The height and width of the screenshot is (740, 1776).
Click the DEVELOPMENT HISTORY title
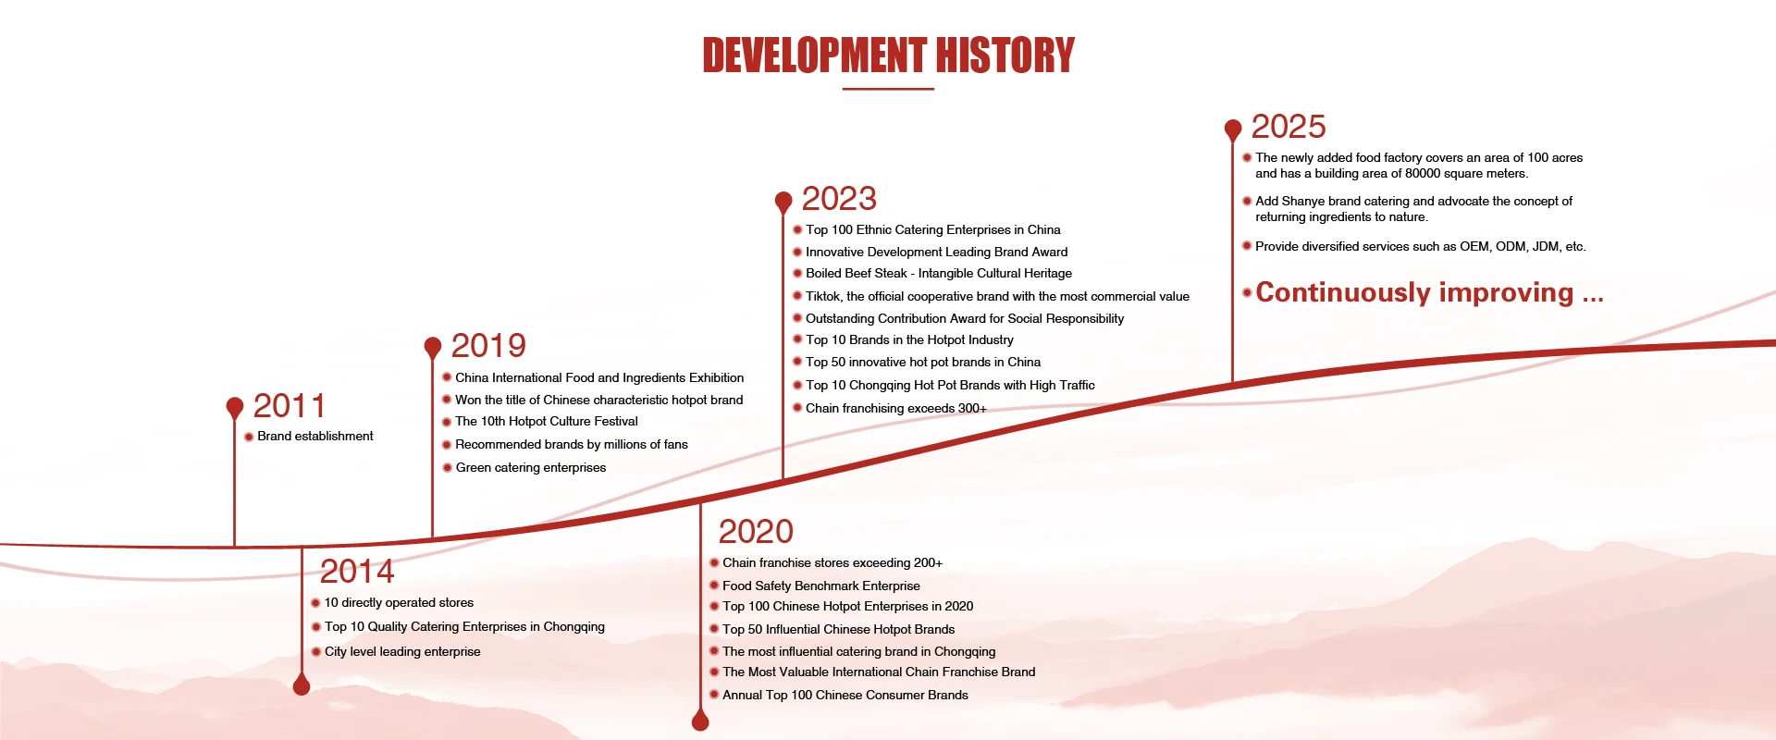click(888, 55)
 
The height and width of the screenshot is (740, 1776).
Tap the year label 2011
click(290, 406)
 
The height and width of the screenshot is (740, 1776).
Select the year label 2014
click(357, 572)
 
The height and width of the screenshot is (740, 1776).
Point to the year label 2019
click(488, 346)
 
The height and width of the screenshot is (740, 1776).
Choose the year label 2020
click(756, 532)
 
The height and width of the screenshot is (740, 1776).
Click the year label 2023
click(839, 199)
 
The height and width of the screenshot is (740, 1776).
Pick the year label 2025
click(1289, 127)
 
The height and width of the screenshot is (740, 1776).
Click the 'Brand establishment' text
click(315, 437)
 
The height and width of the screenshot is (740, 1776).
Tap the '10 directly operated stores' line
click(399, 603)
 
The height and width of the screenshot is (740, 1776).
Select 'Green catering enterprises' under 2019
click(531, 468)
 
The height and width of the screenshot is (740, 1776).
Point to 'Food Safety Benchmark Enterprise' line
click(821, 586)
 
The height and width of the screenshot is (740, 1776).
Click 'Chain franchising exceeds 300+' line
click(896, 409)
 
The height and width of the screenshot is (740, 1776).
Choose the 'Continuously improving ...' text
click(1429, 292)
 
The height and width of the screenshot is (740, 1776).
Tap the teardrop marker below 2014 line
click(302, 684)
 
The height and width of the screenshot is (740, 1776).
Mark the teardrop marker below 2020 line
click(700, 720)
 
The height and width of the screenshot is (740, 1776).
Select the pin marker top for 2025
click(1233, 129)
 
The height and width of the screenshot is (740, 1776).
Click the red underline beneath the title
click(888, 89)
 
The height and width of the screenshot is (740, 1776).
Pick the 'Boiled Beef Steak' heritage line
click(939, 274)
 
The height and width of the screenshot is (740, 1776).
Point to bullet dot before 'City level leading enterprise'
click(315, 652)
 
